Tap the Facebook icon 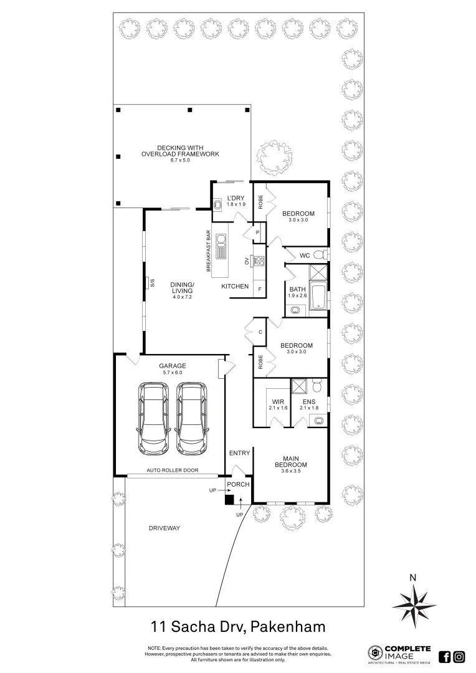445,656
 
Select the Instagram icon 459,656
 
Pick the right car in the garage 192,418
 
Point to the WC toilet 319,255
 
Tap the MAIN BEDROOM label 292,465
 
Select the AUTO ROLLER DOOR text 173,470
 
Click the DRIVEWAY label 164,528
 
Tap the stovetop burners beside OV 259,260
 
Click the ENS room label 309,404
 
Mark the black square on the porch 229,499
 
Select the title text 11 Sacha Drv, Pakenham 238,625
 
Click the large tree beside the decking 274,158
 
